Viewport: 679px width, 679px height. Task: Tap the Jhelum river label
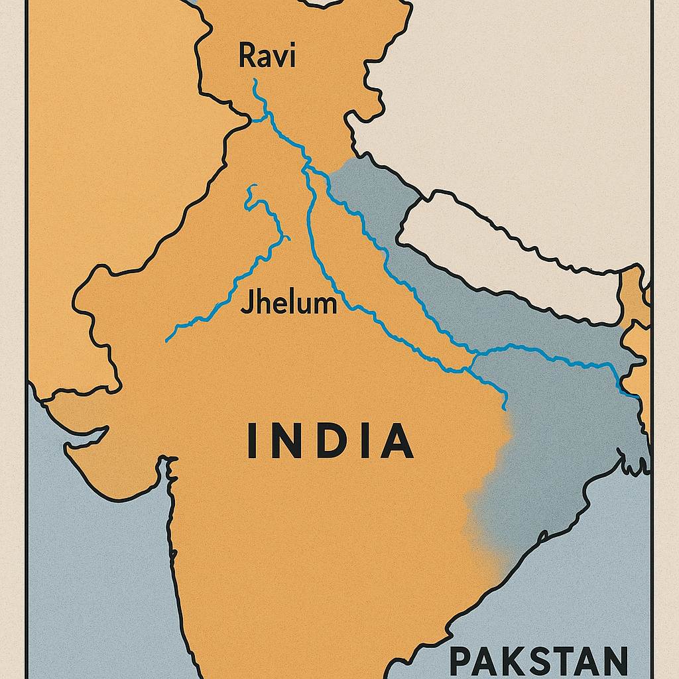coord(288,304)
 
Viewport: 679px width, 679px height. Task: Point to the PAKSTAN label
coord(538,660)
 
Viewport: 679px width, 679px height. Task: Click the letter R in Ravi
coord(246,56)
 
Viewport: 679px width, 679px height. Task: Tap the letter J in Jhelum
coord(246,304)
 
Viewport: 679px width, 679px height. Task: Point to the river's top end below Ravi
coord(255,81)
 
